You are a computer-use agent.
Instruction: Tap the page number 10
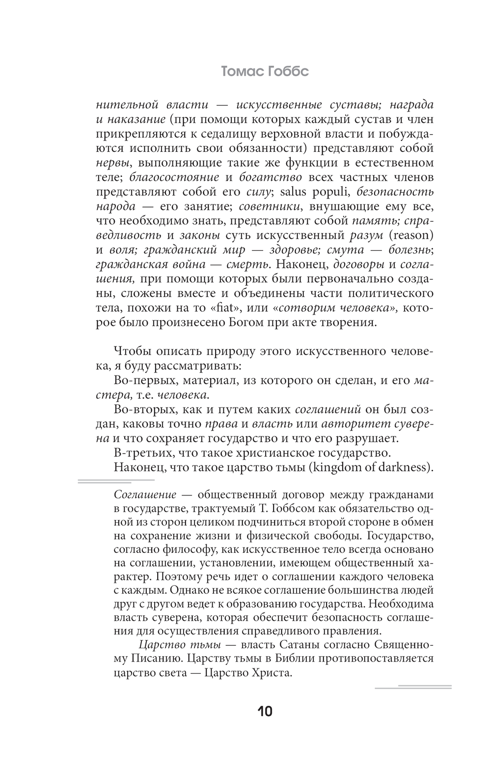point(265,711)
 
